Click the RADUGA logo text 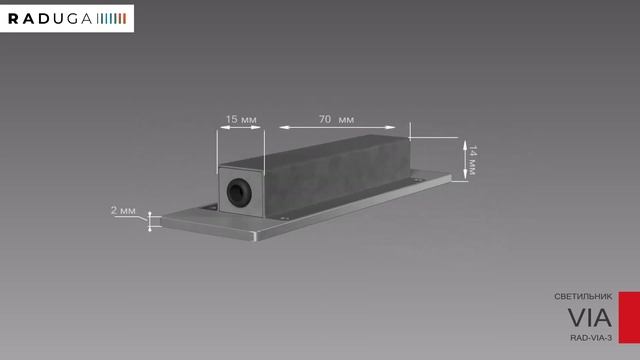pyautogui.click(x=50, y=19)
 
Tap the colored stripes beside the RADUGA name pyautogui.click(x=111, y=19)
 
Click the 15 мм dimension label pyautogui.click(x=241, y=119)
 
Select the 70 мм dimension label pyautogui.click(x=336, y=119)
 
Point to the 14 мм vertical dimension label pyautogui.click(x=472, y=160)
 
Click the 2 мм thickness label pyautogui.click(x=123, y=211)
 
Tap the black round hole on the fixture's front pyautogui.click(x=238, y=191)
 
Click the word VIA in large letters pyautogui.click(x=589, y=318)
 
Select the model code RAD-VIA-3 pyautogui.click(x=591, y=338)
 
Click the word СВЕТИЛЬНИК pyautogui.click(x=583, y=297)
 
